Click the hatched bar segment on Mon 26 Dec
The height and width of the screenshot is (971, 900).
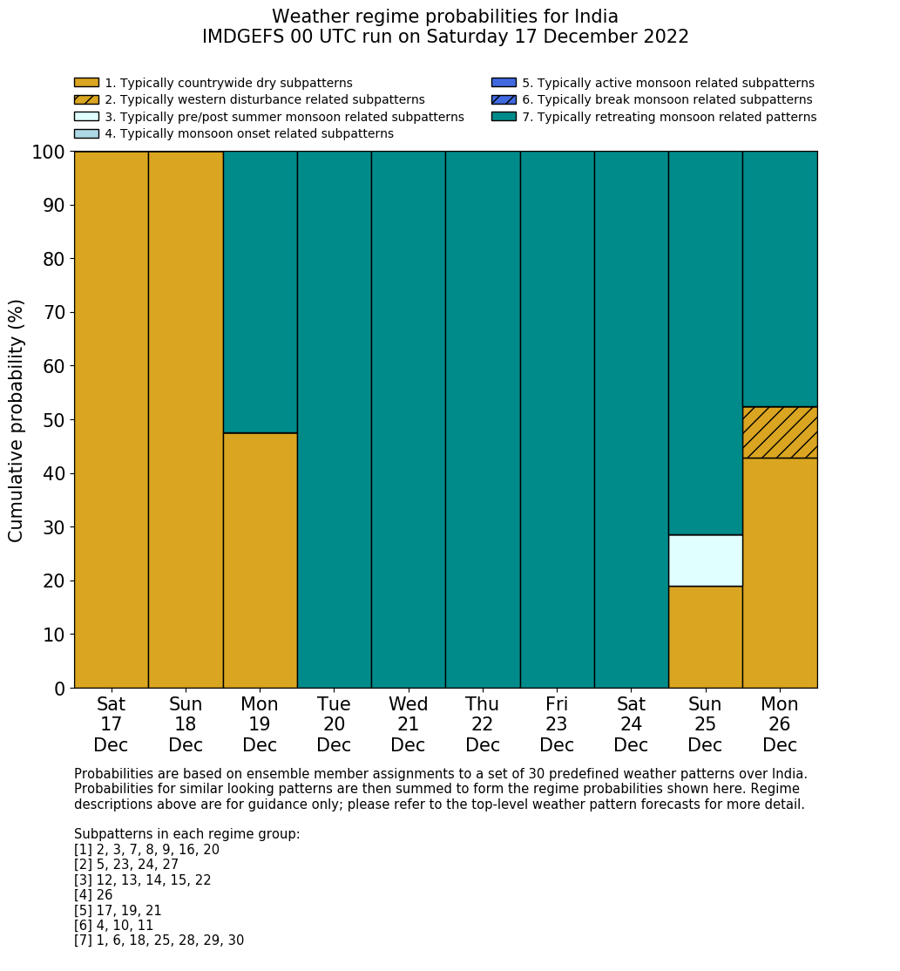pyautogui.click(x=780, y=432)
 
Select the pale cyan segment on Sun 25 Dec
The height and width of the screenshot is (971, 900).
pyautogui.click(x=705, y=560)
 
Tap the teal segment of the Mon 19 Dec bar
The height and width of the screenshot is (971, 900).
pyautogui.click(x=260, y=292)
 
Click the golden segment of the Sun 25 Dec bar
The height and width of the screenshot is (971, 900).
pyautogui.click(x=705, y=637)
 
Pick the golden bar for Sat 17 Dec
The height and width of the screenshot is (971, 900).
pyautogui.click(x=112, y=419)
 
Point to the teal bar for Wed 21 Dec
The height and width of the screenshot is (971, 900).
pyautogui.click(x=409, y=419)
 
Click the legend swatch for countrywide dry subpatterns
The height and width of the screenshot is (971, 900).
pyautogui.click(x=86, y=83)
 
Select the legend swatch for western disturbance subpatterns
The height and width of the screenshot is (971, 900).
pyautogui.click(x=86, y=99)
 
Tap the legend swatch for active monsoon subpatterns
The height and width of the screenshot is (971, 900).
pyautogui.click(x=504, y=83)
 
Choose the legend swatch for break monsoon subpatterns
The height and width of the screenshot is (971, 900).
pyautogui.click(x=504, y=99)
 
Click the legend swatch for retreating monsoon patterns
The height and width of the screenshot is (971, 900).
pyautogui.click(x=504, y=117)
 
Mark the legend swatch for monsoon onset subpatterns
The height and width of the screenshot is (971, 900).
pyautogui.click(x=86, y=133)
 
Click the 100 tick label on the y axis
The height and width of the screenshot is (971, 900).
pyautogui.click(x=49, y=153)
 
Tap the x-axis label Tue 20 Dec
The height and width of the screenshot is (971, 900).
pyautogui.click(x=335, y=724)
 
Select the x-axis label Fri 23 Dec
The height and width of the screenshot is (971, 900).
pyautogui.click(x=557, y=724)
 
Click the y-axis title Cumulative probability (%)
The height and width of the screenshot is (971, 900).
pyautogui.click(x=17, y=420)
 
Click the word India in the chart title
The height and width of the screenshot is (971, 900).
pyautogui.click(x=595, y=17)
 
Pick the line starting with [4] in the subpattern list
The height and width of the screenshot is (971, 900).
pyautogui.click(x=93, y=895)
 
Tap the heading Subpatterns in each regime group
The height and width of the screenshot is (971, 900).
pyautogui.click(x=186, y=834)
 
